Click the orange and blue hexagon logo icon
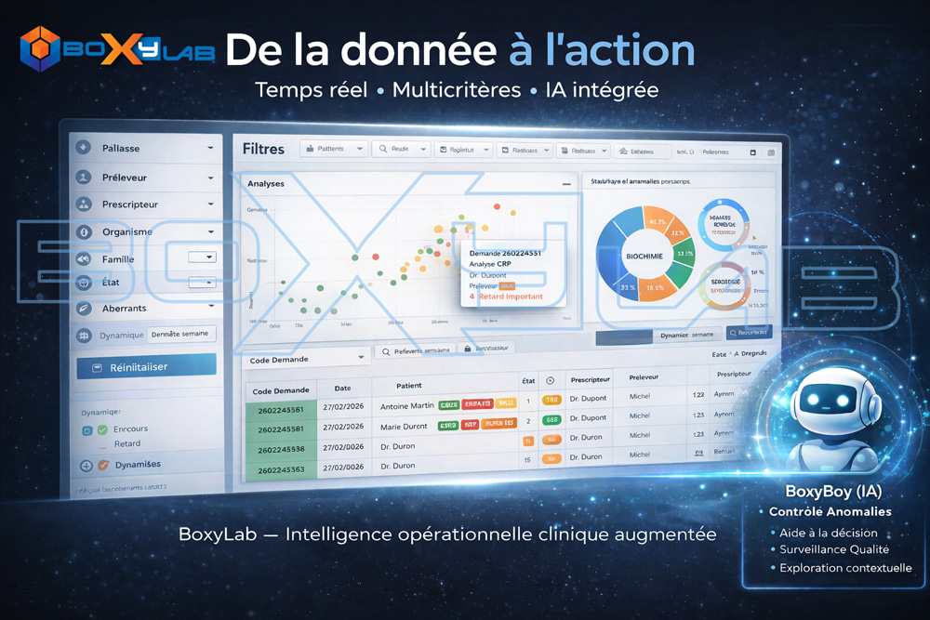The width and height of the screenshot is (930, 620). tap(40, 49)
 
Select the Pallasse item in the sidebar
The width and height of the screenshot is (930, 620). tap(121, 148)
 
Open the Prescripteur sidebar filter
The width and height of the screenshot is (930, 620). tap(130, 204)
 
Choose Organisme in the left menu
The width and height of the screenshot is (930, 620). tap(127, 231)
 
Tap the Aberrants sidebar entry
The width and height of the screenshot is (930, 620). tap(124, 308)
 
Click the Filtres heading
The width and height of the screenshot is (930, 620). tap(263, 149)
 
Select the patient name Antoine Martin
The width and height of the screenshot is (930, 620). tap(406, 406)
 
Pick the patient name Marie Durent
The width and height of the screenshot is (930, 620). tap(404, 427)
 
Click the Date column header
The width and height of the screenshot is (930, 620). tap(342, 389)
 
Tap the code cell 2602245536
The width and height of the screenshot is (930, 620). tap(281, 449)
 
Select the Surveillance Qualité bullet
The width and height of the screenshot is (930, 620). tap(828, 549)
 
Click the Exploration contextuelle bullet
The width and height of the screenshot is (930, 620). tap(845, 568)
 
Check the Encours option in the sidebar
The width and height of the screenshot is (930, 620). tap(130, 429)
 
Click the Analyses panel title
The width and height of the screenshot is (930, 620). tap(266, 184)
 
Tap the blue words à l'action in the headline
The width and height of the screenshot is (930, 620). tap(602, 50)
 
